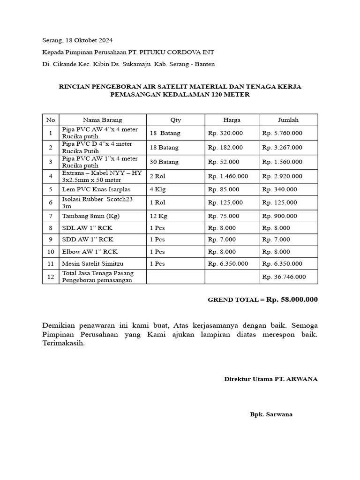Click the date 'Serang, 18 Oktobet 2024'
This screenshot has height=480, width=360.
pyautogui.click(x=77, y=40)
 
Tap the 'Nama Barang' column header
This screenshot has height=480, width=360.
pyautogui.click(x=102, y=120)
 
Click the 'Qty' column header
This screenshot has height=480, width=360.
pyautogui.click(x=175, y=120)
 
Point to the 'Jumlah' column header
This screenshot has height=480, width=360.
pyautogui.click(x=288, y=120)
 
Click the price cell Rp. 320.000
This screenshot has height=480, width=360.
pyautogui.click(x=225, y=133)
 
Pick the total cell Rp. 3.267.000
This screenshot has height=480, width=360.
pyautogui.click(x=282, y=148)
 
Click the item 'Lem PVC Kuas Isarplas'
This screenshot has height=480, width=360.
pyautogui.click(x=96, y=189)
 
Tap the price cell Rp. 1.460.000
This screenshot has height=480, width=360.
pyautogui.click(x=228, y=176)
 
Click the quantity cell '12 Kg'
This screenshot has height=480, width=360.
pyautogui.click(x=158, y=216)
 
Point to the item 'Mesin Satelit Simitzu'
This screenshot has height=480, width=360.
pyautogui.click(x=93, y=263)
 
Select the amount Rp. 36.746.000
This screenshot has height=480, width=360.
pyautogui.click(x=284, y=277)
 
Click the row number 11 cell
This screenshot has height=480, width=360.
pyautogui.click(x=50, y=263)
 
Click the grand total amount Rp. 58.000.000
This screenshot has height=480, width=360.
pyautogui.click(x=292, y=300)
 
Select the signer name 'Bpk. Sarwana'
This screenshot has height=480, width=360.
pyautogui.click(x=271, y=415)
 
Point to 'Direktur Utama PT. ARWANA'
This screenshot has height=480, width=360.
pyautogui.click(x=270, y=379)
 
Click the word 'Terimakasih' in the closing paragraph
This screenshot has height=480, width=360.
pyautogui.click(x=64, y=343)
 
